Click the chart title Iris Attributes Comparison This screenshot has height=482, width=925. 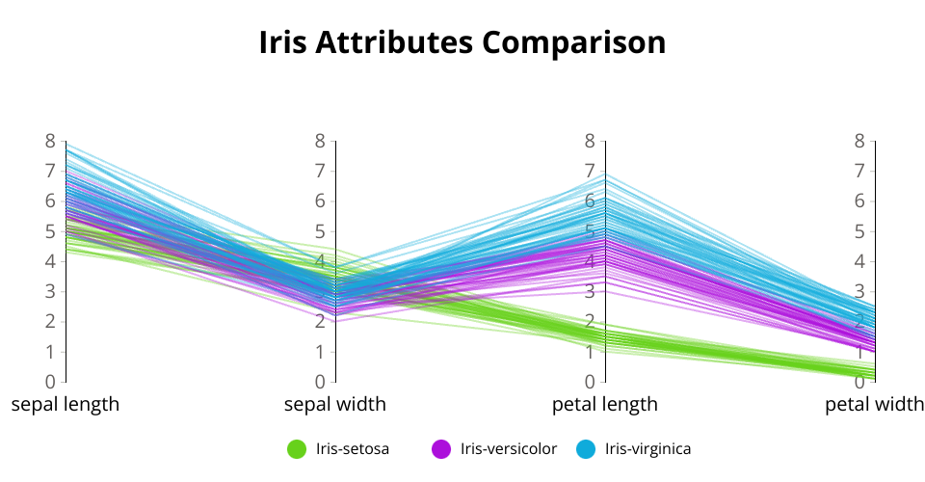point(462,42)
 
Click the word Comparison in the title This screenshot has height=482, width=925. point(574,42)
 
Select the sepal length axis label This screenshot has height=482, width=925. point(66,404)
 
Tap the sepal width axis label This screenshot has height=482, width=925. point(335,404)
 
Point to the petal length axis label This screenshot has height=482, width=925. point(605,404)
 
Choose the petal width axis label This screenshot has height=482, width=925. point(874,404)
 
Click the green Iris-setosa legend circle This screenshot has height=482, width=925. point(297,449)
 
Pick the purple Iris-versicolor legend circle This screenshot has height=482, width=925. point(441,449)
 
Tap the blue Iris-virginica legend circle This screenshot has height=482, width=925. point(586,449)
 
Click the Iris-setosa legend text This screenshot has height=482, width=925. point(353,449)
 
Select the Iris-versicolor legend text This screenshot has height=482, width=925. point(509,449)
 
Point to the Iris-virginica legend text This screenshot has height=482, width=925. point(647,449)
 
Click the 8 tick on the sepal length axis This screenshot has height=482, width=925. point(51,141)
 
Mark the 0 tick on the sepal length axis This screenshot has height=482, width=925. point(51,382)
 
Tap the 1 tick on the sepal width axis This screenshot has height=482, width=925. point(320,352)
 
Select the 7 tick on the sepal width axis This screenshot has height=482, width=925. point(320,171)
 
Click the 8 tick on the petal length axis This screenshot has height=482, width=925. point(590,141)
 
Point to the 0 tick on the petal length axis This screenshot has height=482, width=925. point(590,382)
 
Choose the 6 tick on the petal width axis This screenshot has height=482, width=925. point(859,201)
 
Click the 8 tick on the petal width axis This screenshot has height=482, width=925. point(859,141)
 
